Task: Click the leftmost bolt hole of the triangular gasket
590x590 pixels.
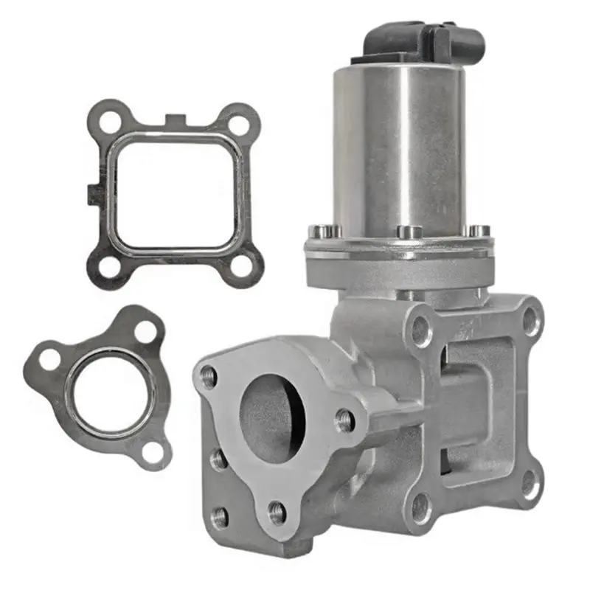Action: pyautogui.click(x=50, y=360)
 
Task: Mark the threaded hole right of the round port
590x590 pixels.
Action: pyautogui.click(x=344, y=420)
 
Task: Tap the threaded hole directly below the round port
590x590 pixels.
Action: pyautogui.click(x=277, y=509)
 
